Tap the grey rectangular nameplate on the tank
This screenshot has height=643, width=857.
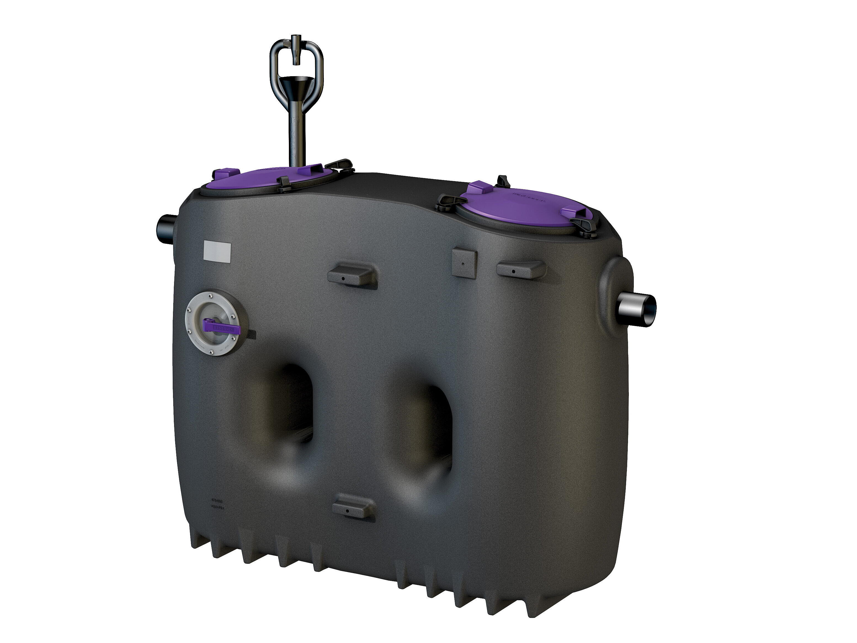217,252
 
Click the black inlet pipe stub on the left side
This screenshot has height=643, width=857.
166,228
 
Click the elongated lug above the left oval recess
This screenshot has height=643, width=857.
352,274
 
